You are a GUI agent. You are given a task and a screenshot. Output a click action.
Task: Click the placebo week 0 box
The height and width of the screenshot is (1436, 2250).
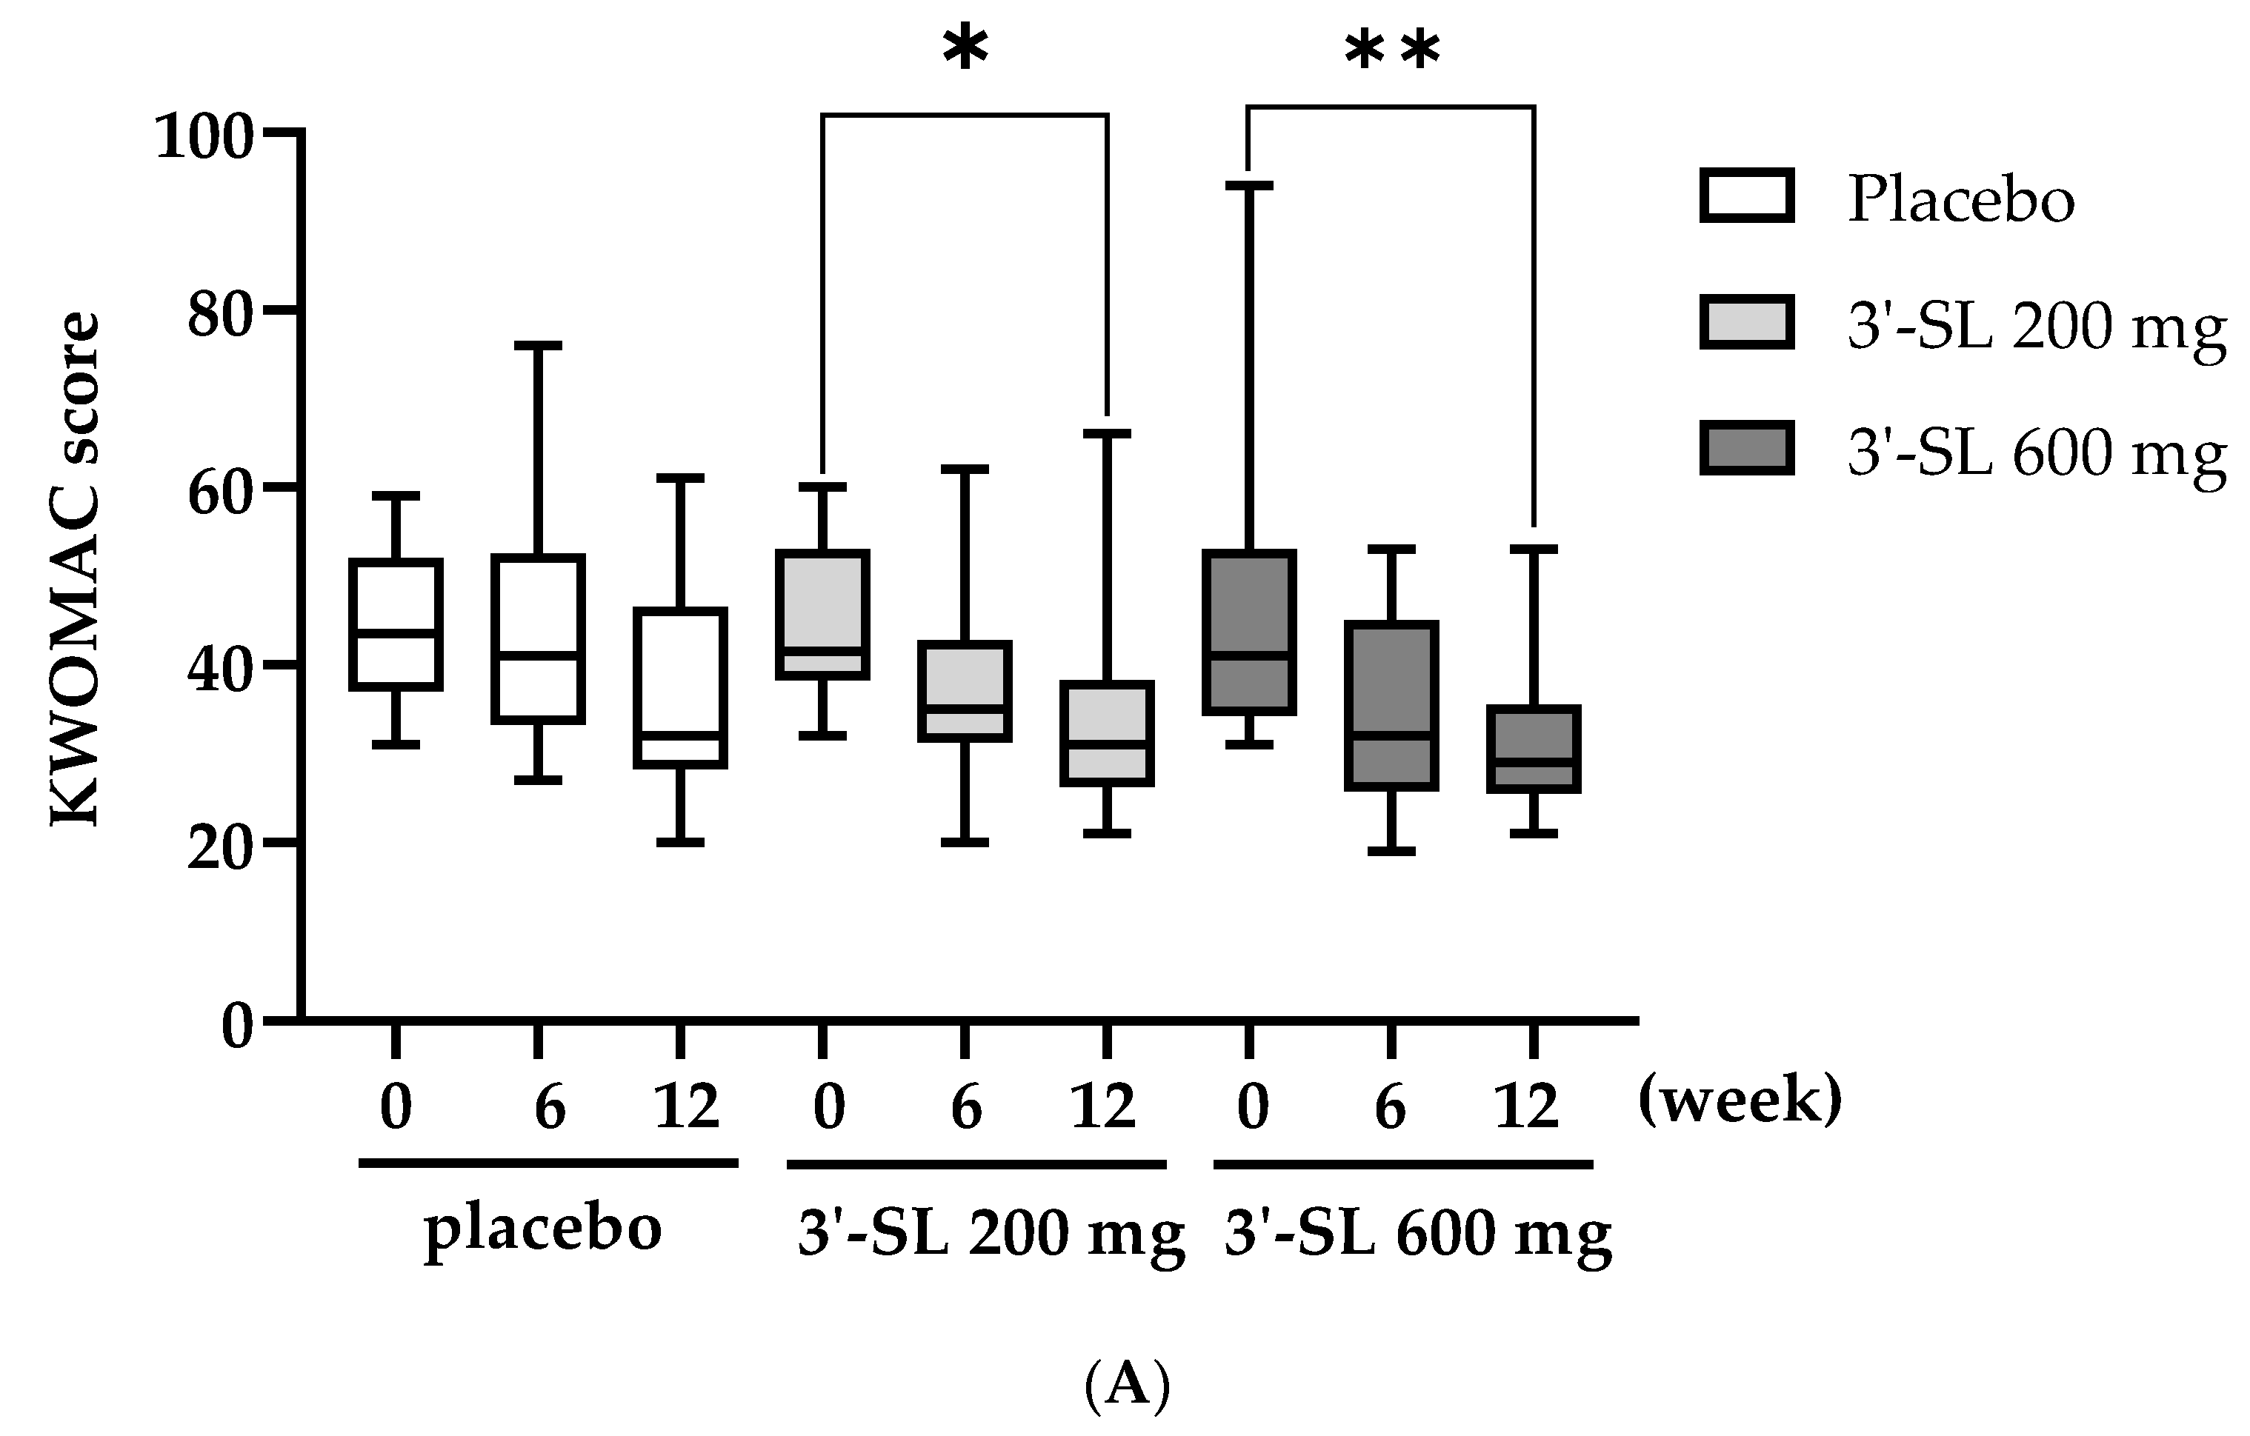point(396,624)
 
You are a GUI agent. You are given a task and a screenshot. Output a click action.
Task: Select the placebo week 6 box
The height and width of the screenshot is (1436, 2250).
point(538,639)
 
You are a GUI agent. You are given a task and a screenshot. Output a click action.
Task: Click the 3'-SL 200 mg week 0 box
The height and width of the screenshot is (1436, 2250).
point(823,615)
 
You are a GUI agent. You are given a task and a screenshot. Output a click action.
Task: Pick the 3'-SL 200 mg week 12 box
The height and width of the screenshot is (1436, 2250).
point(1108,733)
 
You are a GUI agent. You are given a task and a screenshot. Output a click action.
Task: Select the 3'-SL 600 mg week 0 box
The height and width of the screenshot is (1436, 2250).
point(1249,632)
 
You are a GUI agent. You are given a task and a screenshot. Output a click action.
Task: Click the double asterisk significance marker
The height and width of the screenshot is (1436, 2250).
point(1392,51)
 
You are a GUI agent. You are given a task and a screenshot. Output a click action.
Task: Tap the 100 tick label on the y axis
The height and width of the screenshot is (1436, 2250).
point(204,137)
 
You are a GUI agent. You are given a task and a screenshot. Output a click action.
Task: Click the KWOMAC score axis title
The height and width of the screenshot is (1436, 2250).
point(75,570)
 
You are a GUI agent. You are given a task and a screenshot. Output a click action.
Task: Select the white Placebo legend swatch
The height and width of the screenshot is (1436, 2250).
point(1746,196)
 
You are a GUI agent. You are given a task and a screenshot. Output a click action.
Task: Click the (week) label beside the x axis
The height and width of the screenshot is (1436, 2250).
point(1740,1101)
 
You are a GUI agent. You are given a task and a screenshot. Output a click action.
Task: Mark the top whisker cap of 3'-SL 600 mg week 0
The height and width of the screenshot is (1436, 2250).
point(1249,186)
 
